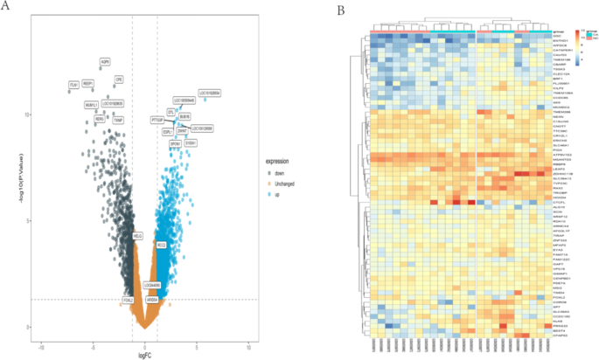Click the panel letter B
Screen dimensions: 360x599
point(340,10)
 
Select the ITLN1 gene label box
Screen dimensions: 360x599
point(73,85)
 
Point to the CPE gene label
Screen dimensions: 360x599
point(119,80)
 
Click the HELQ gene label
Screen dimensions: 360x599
point(137,236)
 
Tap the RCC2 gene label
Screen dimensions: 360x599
point(161,246)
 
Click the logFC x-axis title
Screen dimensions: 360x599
point(146,355)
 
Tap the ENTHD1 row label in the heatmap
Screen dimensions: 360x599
point(560,41)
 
